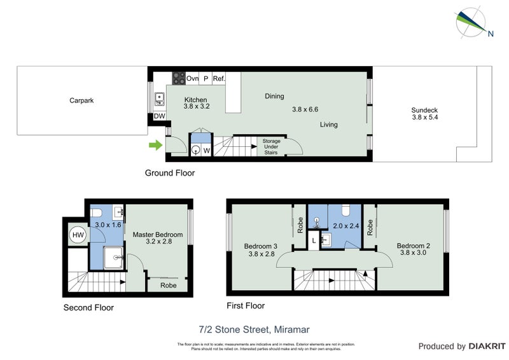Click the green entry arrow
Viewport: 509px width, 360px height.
155,146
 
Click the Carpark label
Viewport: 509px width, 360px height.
81,100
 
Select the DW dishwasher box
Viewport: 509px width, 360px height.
160,116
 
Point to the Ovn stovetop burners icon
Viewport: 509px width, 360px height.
178,79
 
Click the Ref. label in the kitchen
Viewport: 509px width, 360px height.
220,79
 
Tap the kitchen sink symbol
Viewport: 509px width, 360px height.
160,99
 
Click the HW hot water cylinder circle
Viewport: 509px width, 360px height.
78,235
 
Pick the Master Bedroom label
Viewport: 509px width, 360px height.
153,235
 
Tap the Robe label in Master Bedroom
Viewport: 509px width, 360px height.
168,286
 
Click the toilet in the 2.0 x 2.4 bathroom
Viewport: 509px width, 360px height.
345,211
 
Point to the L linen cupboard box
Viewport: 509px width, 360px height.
314,240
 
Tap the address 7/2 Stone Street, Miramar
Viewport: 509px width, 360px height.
253,329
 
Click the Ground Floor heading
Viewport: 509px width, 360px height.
170,173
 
